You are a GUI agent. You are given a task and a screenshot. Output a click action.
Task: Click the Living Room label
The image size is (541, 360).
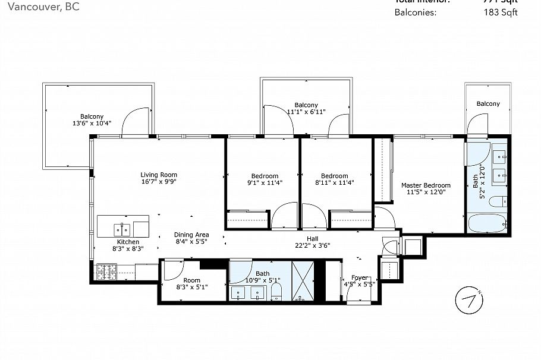click(x=159, y=175)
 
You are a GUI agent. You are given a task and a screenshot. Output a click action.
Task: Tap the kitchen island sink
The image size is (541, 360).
click(x=122, y=228)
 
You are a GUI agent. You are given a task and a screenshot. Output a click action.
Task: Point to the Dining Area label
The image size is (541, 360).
click(x=191, y=235)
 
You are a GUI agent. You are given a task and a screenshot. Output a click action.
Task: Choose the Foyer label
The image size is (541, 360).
click(x=359, y=277)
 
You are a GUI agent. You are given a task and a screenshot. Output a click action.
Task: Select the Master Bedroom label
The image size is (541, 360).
click(x=426, y=185)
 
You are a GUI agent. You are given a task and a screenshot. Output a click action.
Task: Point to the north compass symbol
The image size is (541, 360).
click(x=468, y=299)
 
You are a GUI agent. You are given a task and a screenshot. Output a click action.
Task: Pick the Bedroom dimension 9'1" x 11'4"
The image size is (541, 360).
click(x=265, y=184)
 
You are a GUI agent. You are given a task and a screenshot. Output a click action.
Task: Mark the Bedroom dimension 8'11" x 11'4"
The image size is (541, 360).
click(x=334, y=184)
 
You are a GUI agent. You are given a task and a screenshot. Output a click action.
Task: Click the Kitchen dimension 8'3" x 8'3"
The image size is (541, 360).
click(x=128, y=250)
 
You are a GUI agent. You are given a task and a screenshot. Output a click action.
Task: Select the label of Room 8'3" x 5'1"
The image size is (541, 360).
click(x=191, y=280)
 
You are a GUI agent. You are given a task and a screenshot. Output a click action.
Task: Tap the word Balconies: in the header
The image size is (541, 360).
click(x=416, y=12)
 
